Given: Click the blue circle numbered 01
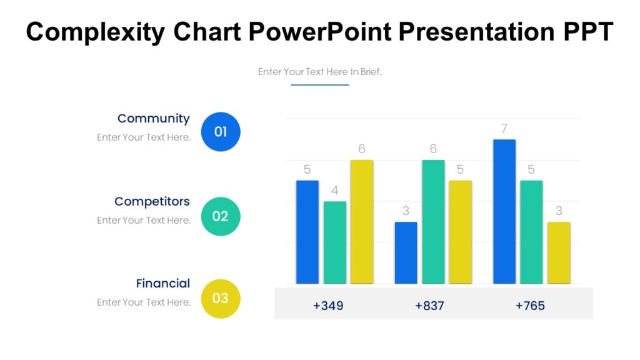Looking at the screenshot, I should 221,132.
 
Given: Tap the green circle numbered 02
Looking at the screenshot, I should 221,216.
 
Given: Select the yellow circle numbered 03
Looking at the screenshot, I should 221,298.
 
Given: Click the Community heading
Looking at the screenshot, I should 153,119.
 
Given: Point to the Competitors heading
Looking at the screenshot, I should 152,201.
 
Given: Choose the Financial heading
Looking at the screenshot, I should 162,283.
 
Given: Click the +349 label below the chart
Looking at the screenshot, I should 328,306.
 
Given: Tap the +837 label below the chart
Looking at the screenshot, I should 430,306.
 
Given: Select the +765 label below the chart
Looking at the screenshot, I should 530,306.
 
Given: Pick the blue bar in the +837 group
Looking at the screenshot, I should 406,252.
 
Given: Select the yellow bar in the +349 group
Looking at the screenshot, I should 362,222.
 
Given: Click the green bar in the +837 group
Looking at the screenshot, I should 433,222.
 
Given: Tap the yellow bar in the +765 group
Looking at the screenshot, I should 559,252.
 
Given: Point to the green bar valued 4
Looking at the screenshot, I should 334,242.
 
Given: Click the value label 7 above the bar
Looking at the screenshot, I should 504,129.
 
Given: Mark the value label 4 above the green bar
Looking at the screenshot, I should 334,191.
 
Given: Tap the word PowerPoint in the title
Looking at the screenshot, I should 321,32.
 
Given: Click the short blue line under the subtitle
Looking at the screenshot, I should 320,85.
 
